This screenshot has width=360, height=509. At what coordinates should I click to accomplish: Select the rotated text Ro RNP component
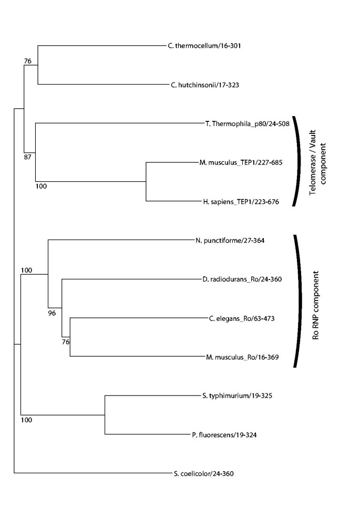pyautogui.click(x=316, y=305)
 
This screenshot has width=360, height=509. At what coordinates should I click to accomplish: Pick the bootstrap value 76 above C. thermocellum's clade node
pyautogui.click(x=28, y=61)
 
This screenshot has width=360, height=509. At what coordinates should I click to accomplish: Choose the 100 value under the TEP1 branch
pyautogui.click(x=41, y=185)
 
